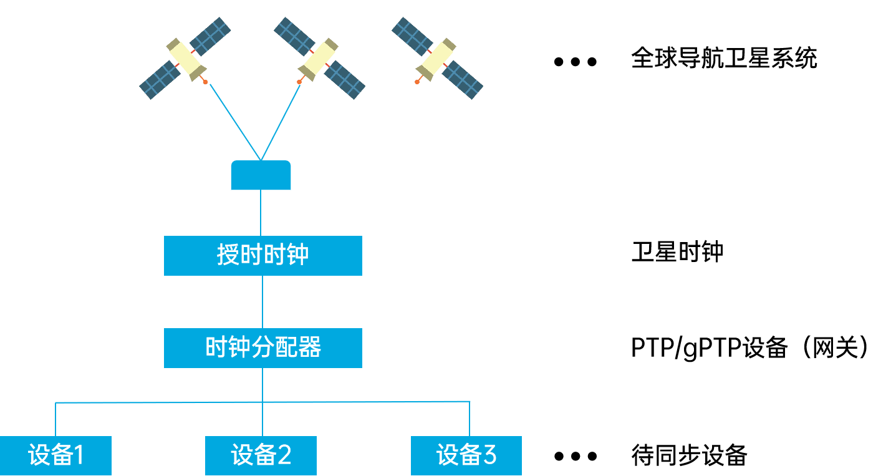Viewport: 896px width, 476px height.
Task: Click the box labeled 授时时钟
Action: (263, 255)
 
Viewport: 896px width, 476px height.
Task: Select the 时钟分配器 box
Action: (263, 347)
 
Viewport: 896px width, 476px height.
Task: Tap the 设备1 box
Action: (55, 455)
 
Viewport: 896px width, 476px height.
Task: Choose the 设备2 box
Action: (261, 455)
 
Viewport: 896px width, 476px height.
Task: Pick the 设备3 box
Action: (466, 455)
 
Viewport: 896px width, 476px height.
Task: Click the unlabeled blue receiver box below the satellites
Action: (261, 175)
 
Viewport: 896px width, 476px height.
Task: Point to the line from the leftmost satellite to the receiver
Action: (234, 121)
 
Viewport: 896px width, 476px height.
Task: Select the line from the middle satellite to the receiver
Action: (281, 121)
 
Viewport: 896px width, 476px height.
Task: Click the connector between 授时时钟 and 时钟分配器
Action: (263, 302)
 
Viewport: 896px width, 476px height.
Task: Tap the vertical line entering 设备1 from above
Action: (55, 419)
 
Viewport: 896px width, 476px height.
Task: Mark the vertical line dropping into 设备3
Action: (469, 419)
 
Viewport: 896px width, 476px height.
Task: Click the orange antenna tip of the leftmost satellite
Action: (205, 82)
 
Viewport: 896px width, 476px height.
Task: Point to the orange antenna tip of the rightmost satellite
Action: (417, 82)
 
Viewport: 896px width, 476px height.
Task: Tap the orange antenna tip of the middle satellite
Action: (299, 82)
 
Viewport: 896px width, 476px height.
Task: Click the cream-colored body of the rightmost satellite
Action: (437, 57)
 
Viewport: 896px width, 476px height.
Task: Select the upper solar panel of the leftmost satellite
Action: (210, 36)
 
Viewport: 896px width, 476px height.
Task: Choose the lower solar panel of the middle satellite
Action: (345, 80)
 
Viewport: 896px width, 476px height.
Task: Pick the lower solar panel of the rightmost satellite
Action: (463, 80)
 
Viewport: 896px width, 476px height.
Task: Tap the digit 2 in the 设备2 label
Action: (284, 455)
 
